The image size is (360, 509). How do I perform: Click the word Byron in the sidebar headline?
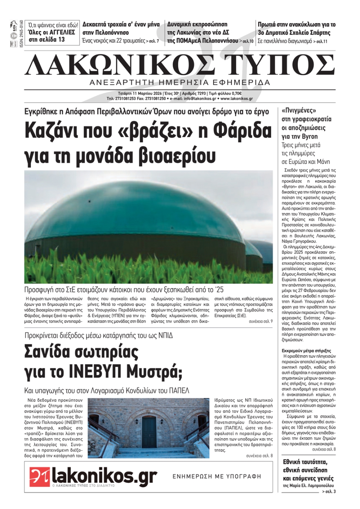pos(309,136)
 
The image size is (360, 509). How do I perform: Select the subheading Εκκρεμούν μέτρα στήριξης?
pos(306,350)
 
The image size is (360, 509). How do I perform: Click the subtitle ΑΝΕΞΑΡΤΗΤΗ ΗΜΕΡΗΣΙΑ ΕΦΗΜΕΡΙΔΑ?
pos(180,83)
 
